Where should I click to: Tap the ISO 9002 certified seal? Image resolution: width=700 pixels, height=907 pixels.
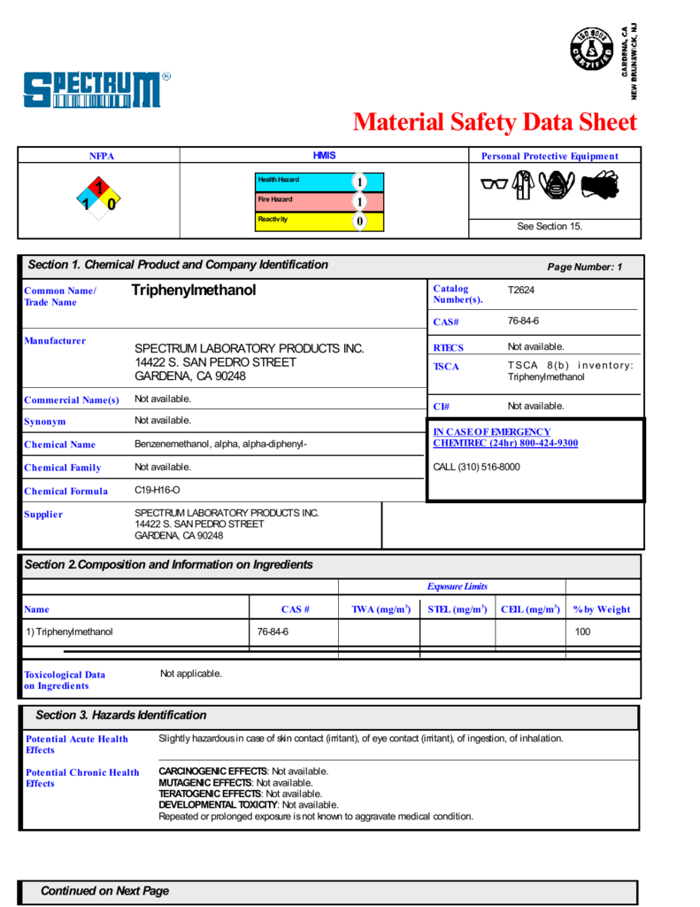[592, 49]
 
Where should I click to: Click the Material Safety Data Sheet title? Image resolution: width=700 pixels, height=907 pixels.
[494, 121]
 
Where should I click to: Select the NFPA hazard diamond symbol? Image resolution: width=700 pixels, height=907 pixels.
[98, 197]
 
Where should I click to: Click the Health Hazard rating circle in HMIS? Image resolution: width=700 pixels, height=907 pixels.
[359, 182]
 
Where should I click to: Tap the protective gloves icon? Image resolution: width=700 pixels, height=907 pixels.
[600, 185]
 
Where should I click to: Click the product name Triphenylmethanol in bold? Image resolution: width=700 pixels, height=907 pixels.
[193, 291]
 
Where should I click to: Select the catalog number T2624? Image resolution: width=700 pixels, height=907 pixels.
[520, 290]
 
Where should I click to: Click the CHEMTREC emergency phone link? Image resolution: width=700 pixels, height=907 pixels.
[505, 443]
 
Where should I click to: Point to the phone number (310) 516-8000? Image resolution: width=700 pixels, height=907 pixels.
[476, 467]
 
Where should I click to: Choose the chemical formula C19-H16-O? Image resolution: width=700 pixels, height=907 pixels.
[158, 490]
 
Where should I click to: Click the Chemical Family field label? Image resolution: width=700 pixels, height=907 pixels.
[62, 468]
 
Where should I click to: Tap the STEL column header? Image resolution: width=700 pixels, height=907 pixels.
[457, 609]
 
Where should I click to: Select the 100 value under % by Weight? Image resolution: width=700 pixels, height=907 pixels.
[582, 632]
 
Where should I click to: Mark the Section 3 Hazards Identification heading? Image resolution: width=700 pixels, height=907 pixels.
[120, 716]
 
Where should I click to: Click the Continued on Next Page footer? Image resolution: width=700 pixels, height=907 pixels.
[104, 891]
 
